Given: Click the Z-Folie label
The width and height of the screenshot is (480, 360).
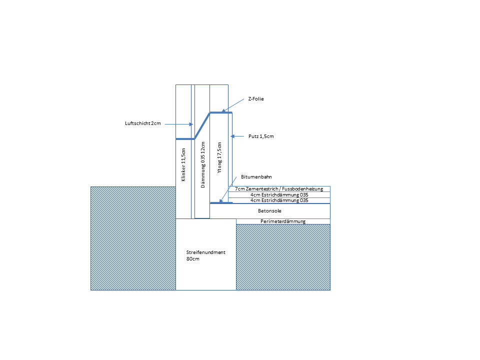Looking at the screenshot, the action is click(x=256, y=99).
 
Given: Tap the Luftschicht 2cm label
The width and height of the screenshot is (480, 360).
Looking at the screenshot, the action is click(x=142, y=123).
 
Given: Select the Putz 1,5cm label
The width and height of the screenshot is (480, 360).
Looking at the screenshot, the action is click(x=261, y=136).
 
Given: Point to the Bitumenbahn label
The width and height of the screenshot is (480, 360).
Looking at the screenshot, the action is click(x=256, y=176).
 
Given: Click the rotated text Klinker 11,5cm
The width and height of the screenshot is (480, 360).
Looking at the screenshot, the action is click(x=183, y=164).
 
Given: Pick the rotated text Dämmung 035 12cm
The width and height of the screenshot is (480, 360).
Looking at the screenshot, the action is click(x=202, y=164).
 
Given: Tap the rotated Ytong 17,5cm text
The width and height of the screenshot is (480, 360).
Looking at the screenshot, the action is click(x=219, y=157).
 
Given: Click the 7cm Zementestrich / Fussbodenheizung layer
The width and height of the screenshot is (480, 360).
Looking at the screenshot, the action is click(x=279, y=189).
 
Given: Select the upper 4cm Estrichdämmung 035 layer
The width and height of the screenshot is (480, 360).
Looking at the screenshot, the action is click(x=279, y=194).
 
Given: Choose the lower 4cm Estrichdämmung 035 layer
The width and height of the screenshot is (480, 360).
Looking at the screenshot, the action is click(x=279, y=200).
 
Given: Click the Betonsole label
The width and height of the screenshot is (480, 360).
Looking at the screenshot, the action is click(x=269, y=211).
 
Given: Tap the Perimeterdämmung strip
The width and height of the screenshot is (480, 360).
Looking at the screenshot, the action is click(x=283, y=221).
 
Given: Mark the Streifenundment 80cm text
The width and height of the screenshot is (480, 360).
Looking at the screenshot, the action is click(x=205, y=255).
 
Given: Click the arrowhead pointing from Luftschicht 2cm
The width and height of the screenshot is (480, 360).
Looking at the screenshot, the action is click(x=191, y=124).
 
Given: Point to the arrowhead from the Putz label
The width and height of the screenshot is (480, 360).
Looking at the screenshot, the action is click(x=232, y=136).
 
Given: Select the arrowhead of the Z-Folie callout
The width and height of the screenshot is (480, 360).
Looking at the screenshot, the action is click(x=223, y=110).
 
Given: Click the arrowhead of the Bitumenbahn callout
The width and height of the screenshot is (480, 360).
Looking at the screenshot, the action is click(x=221, y=201).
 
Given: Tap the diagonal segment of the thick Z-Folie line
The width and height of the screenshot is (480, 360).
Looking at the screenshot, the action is click(x=202, y=126).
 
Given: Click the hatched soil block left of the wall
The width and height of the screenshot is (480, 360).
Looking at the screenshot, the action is click(x=133, y=238).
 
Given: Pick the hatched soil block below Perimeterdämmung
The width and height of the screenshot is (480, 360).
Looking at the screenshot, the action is click(x=283, y=257).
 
